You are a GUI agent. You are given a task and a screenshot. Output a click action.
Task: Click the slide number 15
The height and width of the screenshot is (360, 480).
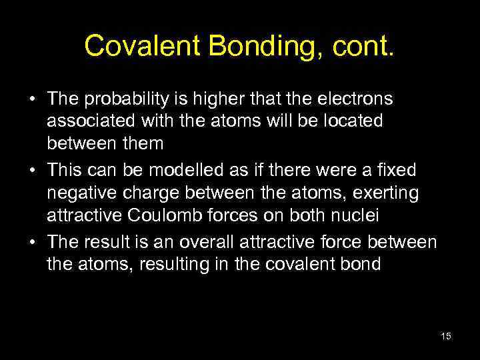point(446,336)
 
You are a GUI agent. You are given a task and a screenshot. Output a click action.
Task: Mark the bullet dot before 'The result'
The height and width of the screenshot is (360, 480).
point(32,242)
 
